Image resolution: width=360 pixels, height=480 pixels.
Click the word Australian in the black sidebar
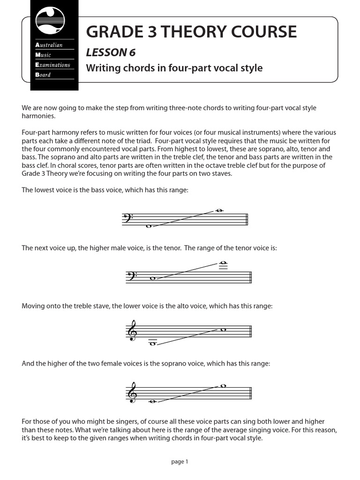(49, 45)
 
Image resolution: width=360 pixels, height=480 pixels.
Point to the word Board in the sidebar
(43, 75)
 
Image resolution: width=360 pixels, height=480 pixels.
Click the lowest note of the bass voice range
(149, 226)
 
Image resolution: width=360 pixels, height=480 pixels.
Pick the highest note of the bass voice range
(218, 210)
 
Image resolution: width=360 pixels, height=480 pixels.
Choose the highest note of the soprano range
(224, 386)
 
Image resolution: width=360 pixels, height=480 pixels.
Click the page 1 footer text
(180, 462)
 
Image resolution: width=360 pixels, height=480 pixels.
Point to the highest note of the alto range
(224, 329)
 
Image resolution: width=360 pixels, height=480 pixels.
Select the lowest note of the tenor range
(152, 278)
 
